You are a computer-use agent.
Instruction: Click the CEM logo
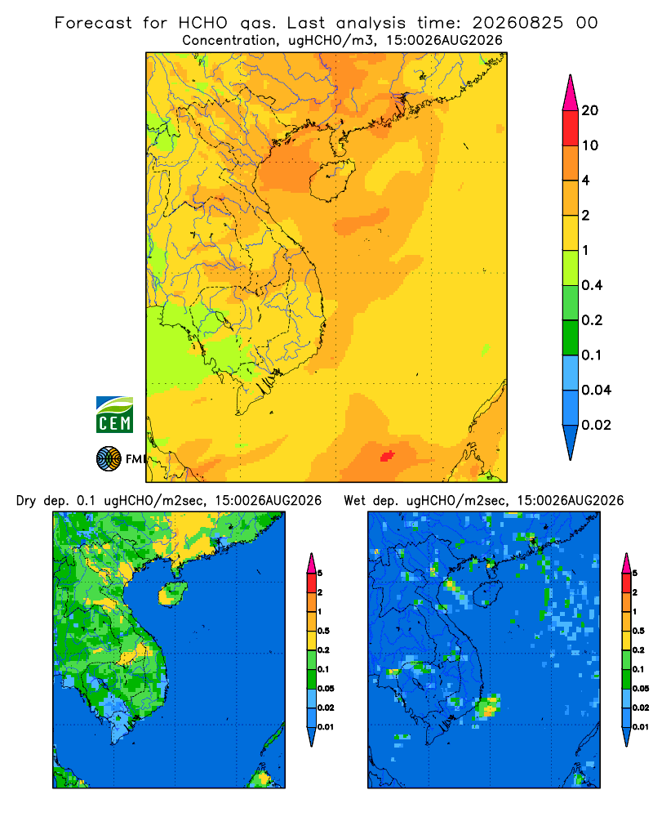(114, 414)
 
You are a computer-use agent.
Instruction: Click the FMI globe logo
(109, 458)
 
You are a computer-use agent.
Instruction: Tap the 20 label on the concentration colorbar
(590, 110)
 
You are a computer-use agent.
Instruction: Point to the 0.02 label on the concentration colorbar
(596, 425)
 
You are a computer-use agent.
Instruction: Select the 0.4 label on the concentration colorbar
(592, 285)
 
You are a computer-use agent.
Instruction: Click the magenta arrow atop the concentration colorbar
(571, 92)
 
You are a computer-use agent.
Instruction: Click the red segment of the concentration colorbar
(571, 128)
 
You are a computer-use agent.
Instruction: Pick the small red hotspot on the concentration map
(387, 456)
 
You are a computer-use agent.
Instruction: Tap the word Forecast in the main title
(93, 23)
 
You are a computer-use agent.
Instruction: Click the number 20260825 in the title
(518, 23)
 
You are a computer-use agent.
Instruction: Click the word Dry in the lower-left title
(26, 501)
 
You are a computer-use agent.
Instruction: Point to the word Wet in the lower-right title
(354, 501)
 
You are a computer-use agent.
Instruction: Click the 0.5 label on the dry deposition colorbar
(323, 631)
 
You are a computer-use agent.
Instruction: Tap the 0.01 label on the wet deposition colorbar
(641, 727)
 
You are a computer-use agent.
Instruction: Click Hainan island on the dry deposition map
(173, 593)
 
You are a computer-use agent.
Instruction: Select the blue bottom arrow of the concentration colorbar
(571, 443)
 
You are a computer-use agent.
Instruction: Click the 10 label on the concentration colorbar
(590, 145)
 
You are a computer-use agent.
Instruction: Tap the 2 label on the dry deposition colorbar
(320, 592)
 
